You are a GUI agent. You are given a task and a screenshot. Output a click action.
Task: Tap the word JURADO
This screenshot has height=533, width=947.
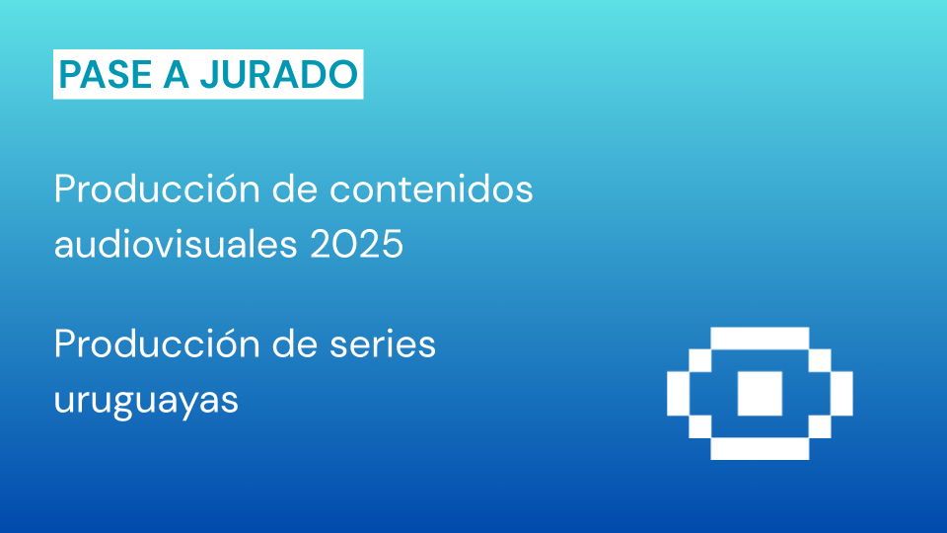(x=279, y=74)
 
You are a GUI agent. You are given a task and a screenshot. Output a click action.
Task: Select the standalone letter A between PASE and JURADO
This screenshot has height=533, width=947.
(x=176, y=74)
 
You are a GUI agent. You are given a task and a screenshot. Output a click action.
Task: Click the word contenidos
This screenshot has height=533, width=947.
(x=431, y=189)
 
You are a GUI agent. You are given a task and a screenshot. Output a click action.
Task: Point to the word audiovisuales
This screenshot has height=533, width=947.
(x=176, y=244)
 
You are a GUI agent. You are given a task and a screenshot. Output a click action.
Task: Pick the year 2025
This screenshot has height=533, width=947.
(x=356, y=245)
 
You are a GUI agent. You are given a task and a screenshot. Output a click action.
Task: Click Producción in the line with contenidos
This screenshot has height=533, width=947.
(x=157, y=189)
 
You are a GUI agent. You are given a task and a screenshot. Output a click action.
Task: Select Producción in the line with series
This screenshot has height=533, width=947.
(x=157, y=343)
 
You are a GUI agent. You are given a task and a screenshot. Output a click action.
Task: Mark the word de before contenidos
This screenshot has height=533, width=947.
(x=295, y=189)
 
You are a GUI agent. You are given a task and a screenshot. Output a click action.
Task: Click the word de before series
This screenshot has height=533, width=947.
(x=295, y=343)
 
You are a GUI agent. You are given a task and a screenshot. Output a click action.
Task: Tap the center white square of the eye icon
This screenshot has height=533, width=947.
(x=760, y=394)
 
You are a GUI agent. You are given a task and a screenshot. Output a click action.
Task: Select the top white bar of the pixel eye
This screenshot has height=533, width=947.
(x=760, y=339)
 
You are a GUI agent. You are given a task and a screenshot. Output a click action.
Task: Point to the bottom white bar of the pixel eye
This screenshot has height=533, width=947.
(x=760, y=448)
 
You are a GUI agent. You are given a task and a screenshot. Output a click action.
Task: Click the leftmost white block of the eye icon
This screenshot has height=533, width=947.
(x=678, y=394)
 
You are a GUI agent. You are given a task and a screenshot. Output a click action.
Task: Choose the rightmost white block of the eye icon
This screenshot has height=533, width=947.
(x=841, y=394)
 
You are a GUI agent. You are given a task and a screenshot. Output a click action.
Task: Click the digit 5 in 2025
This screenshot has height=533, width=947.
(x=392, y=245)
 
